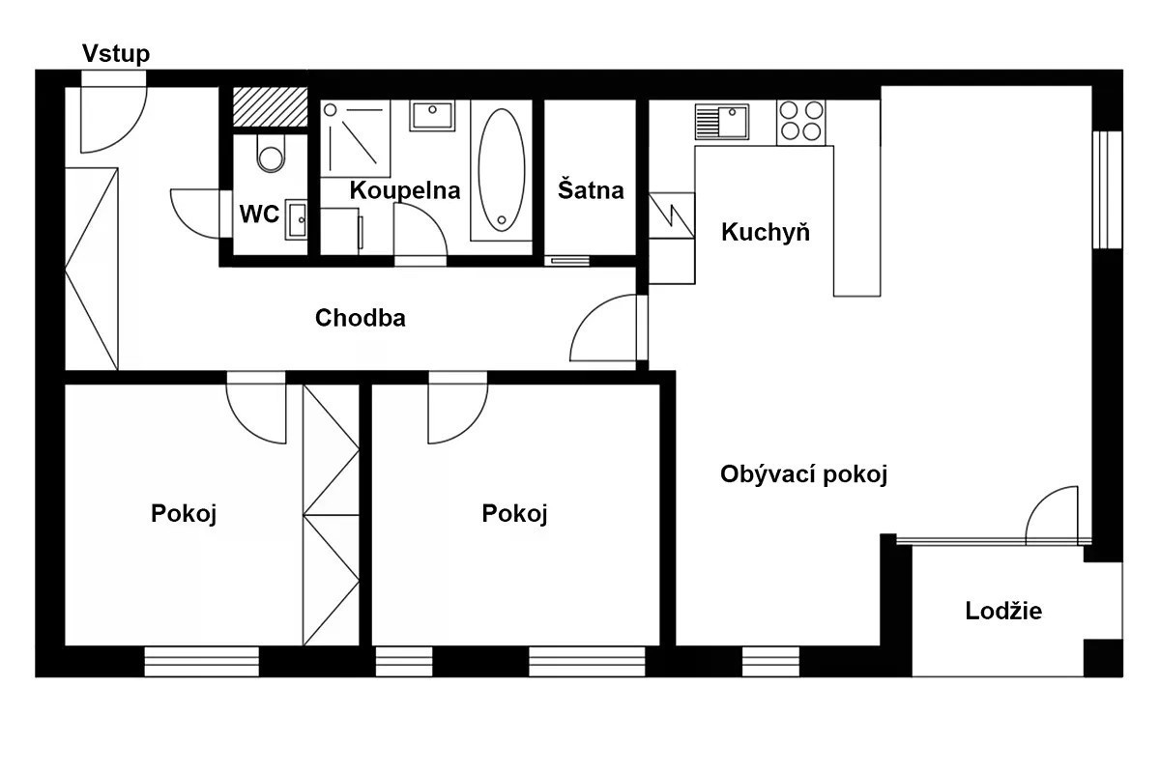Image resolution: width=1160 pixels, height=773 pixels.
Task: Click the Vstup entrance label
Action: (x=116, y=54)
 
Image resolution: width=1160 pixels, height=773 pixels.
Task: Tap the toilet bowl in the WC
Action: (x=271, y=154)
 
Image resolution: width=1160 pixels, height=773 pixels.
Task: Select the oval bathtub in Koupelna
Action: (x=502, y=170)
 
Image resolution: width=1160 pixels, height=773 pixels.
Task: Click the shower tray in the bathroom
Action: (x=356, y=139)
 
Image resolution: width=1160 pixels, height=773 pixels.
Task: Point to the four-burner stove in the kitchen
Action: (x=801, y=123)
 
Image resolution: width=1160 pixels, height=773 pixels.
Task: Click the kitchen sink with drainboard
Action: (x=722, y=122)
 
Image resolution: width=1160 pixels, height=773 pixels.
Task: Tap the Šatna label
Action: (x=591, y=189)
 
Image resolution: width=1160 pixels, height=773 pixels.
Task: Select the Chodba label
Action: (x=361, y=317)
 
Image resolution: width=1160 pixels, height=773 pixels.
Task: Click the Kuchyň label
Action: (x=766, y=232)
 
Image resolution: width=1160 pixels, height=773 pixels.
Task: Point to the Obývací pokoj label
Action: (x=803, y=474)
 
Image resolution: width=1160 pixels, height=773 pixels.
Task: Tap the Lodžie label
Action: (x=1003, y=611)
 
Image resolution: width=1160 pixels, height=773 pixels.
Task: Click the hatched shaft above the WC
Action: (x=270, y=106)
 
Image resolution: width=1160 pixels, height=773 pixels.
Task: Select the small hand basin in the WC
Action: (x=296, y=219)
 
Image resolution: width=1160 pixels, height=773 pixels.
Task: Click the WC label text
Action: (x=259, y=214)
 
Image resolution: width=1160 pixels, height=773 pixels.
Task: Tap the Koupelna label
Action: (x=405, y=190)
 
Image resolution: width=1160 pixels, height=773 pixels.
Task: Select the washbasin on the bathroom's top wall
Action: (x=432, y=115)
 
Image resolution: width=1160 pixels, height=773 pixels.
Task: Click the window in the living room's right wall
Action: (x=1107, y=190)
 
